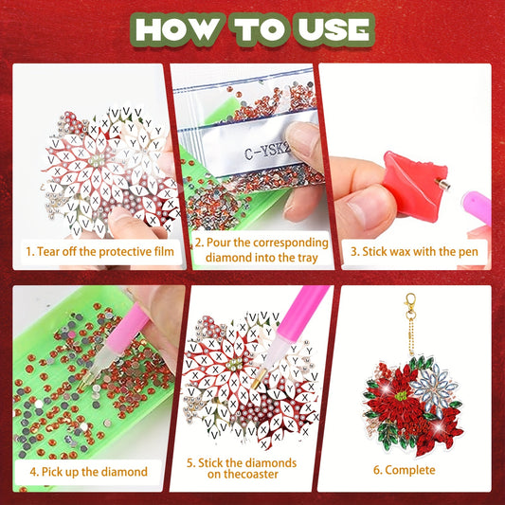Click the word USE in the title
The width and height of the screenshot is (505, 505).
(x=334, y=29)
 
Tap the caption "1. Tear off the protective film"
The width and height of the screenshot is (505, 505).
(x=99, y=251)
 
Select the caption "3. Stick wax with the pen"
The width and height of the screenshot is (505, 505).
(x=414, y=251)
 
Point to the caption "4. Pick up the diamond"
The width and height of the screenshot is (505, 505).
(x=88, y=472)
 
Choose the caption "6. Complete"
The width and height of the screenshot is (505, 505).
(x=405, y=470)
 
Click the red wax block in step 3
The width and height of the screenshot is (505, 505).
(x=414, y=184)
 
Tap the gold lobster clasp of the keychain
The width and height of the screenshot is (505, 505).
(x=410, y=304)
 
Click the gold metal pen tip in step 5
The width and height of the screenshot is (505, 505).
(x=257, y=379)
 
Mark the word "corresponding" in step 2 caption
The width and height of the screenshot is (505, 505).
(x=290, y=243)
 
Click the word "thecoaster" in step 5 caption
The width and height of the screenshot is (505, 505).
(x=243, y=474)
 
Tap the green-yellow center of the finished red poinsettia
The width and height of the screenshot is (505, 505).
(x=401, y=395)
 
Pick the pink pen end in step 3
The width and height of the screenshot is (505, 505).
(x=478, y=207)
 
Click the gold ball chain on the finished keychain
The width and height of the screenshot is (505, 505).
(x=410, y=337)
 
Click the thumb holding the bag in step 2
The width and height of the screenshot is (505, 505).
(x=303, y=143)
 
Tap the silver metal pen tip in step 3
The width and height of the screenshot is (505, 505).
(x=442, y=184)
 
